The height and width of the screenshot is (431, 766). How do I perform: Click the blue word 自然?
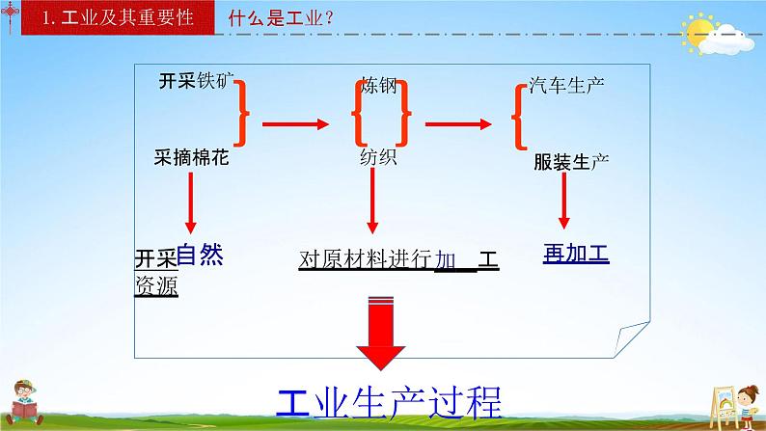[200, 255]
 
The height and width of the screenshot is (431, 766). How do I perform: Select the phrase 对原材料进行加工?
[397, 259]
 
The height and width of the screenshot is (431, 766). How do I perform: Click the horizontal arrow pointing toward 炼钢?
[296, 122]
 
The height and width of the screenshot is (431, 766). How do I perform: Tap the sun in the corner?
[698, 35]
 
